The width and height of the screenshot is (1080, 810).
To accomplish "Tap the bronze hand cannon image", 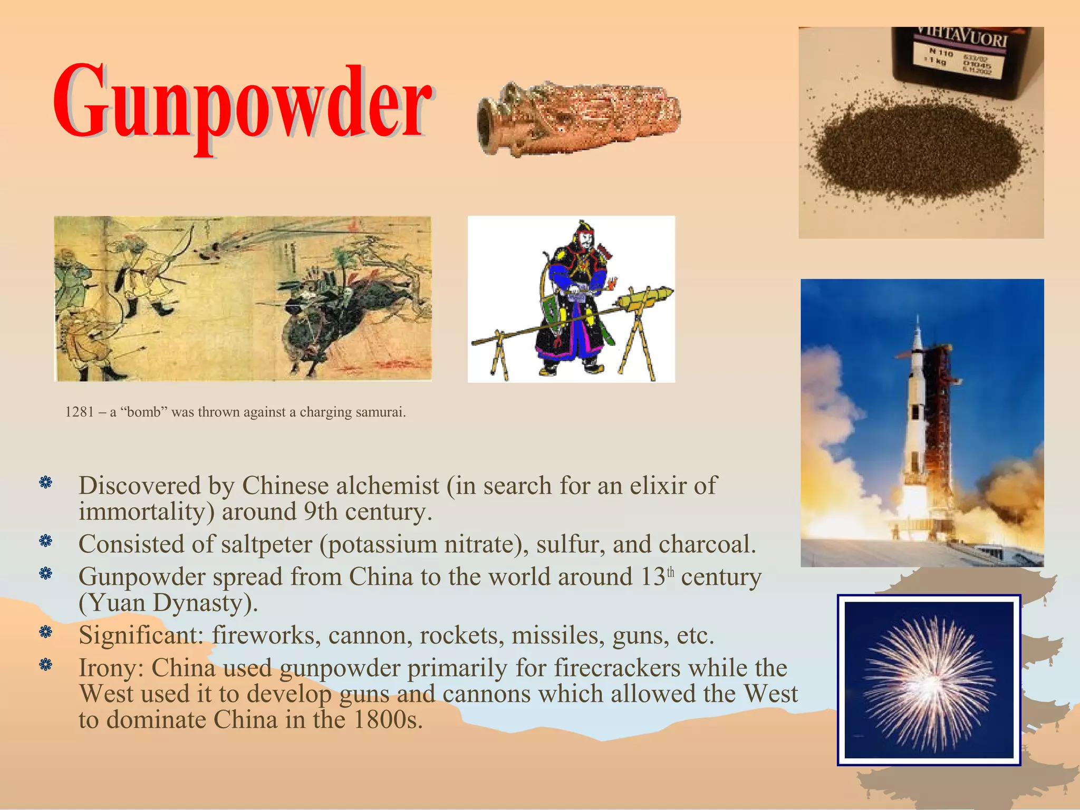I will [577, 119].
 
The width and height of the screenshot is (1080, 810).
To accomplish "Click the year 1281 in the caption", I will [80, 412].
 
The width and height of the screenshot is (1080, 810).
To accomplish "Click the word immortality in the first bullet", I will [146, 512].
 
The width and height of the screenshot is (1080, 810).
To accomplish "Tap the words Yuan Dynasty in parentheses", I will [168, 603].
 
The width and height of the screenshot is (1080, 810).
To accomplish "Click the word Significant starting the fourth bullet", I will [140, 635].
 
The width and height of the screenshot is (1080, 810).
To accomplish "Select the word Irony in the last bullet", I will [110, 668].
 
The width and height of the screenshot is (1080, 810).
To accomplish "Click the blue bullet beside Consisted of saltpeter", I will [46, 541].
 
